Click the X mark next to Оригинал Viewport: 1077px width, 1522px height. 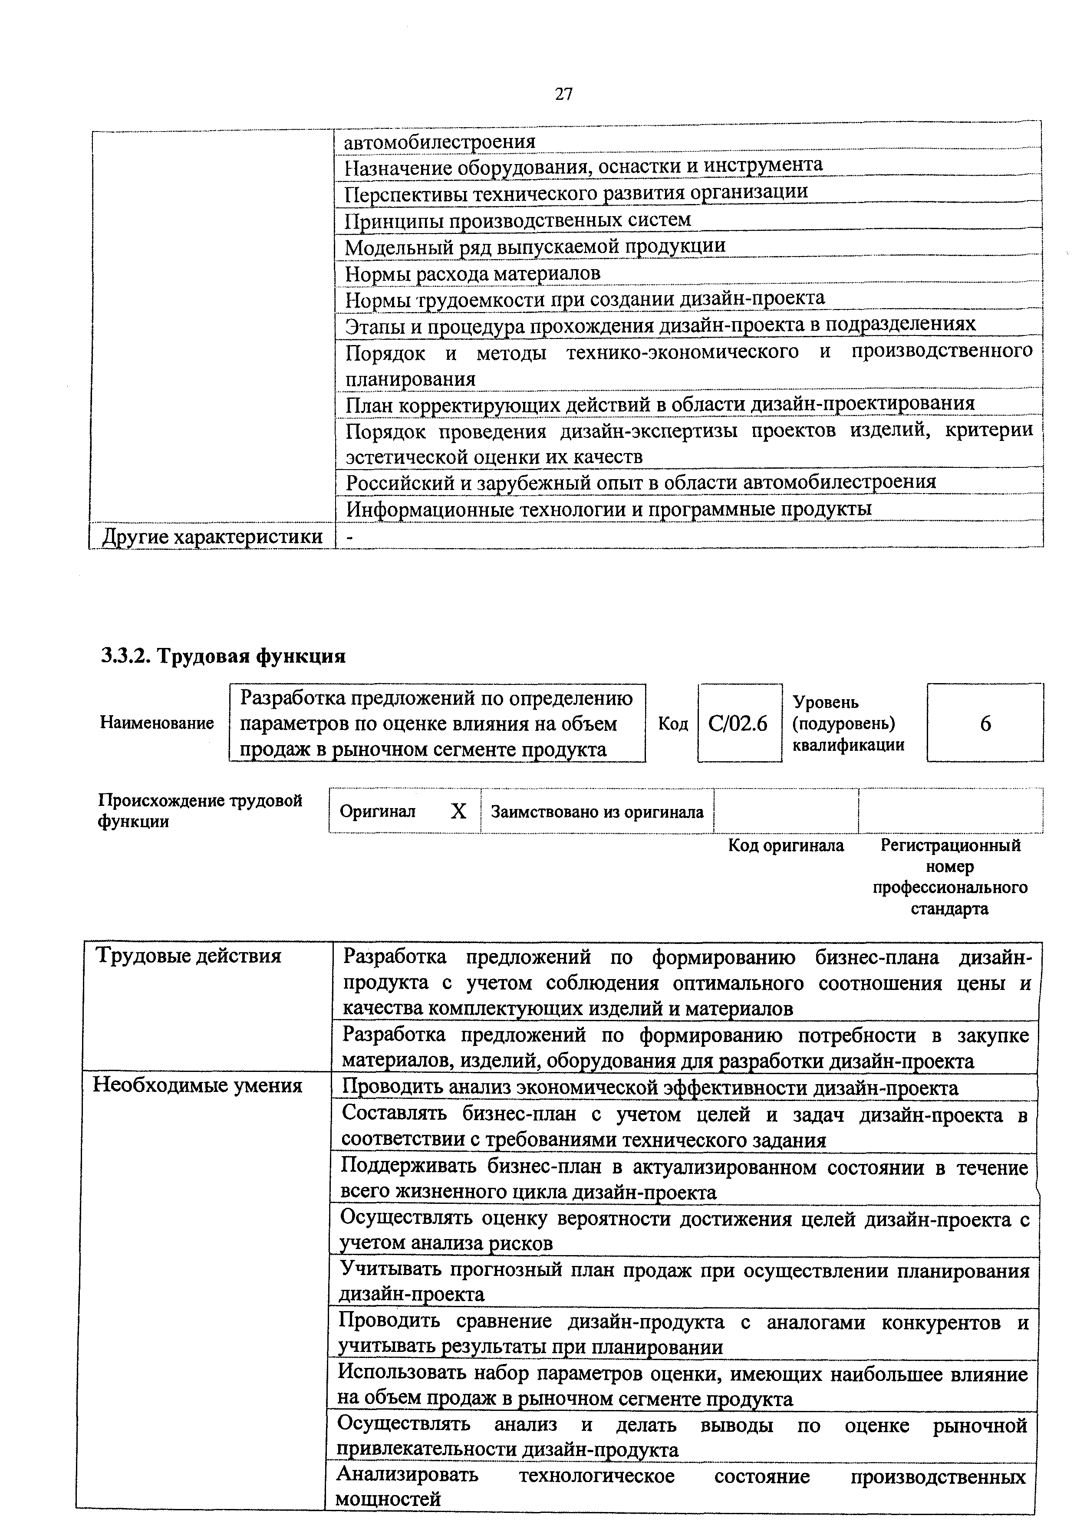coord(458,812)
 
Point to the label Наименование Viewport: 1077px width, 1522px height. coord(157,723)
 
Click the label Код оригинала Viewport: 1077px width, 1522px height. coord(786,846)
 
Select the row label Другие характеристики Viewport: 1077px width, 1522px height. coord(212,537)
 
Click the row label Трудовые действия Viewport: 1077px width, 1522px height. coord(189,956)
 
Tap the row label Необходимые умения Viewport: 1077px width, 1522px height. coord(198,1085)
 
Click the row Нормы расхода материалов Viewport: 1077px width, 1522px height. coord(472,273)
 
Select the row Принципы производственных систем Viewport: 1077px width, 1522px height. coord(518,220)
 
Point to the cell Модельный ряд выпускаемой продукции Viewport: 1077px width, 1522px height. coord(535,246)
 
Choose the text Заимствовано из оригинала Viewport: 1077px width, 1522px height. coord(597,812)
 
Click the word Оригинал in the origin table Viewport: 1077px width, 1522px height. coord(377,812)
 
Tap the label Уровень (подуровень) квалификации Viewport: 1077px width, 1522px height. coord(848,723)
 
